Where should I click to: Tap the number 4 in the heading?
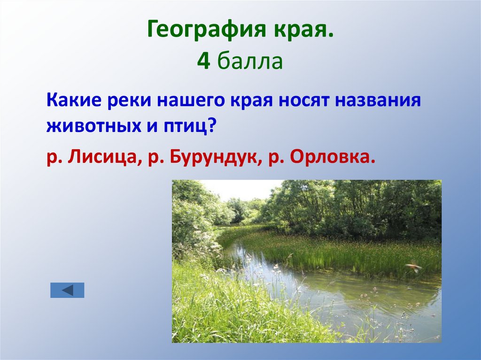tap(203, 61)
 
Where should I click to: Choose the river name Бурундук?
tap(211, 158)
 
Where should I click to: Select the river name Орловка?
tap(333, 158)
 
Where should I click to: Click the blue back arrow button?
tap(67, 290)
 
